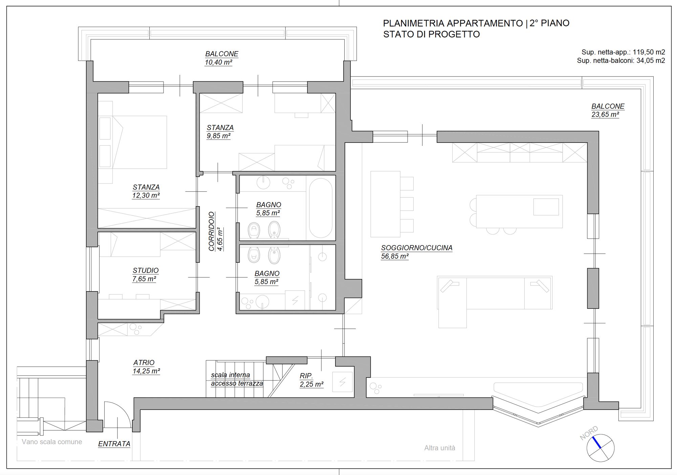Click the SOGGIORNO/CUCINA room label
click(417, 248)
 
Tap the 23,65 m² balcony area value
click(605, 114)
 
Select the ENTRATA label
click(114, 444)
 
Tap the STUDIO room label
click(146, 271)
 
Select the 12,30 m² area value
click(146, 195)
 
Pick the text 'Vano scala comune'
click(52, 442)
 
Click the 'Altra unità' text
click(440, 448)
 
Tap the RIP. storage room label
click(306, 376)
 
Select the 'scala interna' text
click(231, 375)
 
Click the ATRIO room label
click(144, 363)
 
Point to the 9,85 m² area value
click(219, 136)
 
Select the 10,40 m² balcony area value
click(218, 62)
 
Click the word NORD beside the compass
click(589, 433)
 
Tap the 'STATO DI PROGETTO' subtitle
click(432, 34)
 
